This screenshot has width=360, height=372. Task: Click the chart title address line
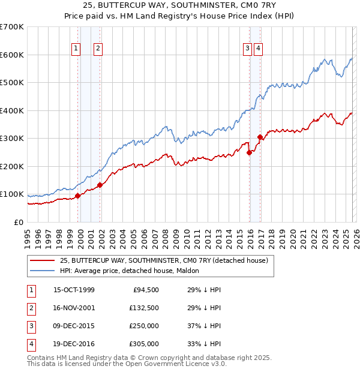coord(179,7)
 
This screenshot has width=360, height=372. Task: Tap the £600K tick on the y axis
coord(12,55)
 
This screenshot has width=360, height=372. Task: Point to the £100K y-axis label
coord(12,194)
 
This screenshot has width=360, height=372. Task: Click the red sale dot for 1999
coord(78,196)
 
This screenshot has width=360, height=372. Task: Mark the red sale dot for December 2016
coord(260,137)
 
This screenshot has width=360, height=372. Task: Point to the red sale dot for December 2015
coord(249,152)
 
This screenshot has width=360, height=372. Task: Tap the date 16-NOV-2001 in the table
coord(74,308)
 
